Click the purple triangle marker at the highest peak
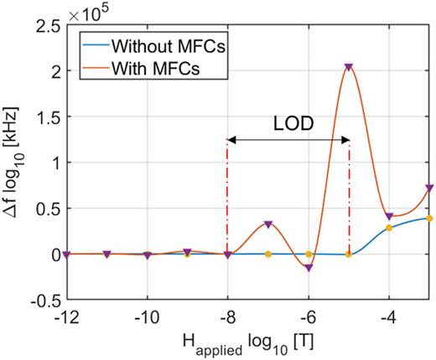click(349, 66)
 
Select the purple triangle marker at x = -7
click(267, 224)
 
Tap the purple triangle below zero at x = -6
click(309, 268)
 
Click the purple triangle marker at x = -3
click(429, 188)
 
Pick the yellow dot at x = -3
click(429, 218)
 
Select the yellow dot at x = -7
click(267, 253)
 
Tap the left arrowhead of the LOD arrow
click(231, 140)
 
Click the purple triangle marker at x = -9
click(187, 251)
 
